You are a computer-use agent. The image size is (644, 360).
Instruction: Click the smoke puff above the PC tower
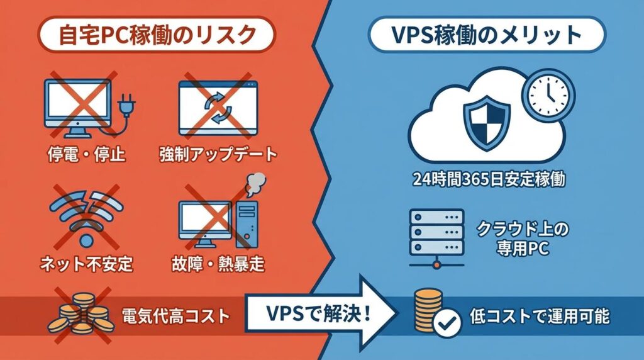255,183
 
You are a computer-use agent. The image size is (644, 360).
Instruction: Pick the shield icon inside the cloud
482,123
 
